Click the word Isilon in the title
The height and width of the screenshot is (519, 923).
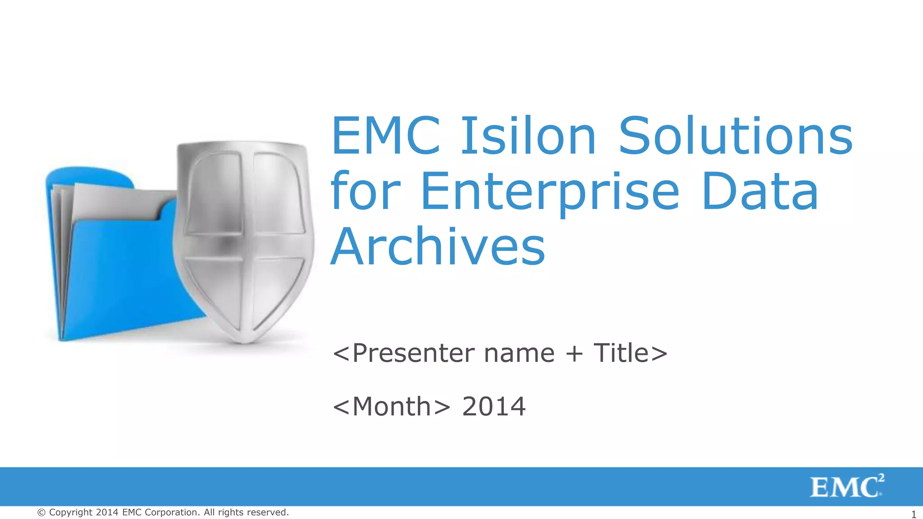pyautogui.click(x=528, y=136)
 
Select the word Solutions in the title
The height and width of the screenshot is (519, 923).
pyautogui.click(x=736, y=136)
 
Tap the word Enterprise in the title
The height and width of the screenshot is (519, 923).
pyautogui.click(x=550, y=192)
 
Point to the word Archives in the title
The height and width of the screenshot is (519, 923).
pyautogui.click(x=438, y=247)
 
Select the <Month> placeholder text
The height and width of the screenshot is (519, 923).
pyautogui.click(x=391, y=406)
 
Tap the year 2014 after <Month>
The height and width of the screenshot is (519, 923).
pyautogui.click(x=494, y=406)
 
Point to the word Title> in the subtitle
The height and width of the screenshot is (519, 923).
pyautogui.click(x=631, y=353)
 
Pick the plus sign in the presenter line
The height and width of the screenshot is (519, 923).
pyautogui.click(x=574, y=354)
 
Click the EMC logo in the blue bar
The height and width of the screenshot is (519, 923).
pyautogui.click(x=844, y=487)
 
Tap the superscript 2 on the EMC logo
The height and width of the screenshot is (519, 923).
pyautogui.click(x=881, y=478)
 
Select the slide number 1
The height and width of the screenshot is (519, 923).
pyautogui.click(x=914, y=514)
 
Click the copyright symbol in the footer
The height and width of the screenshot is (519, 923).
pyautogui.click(x=41, y=513)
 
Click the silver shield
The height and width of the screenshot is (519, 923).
pyautogui.click(x=244, y=239)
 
